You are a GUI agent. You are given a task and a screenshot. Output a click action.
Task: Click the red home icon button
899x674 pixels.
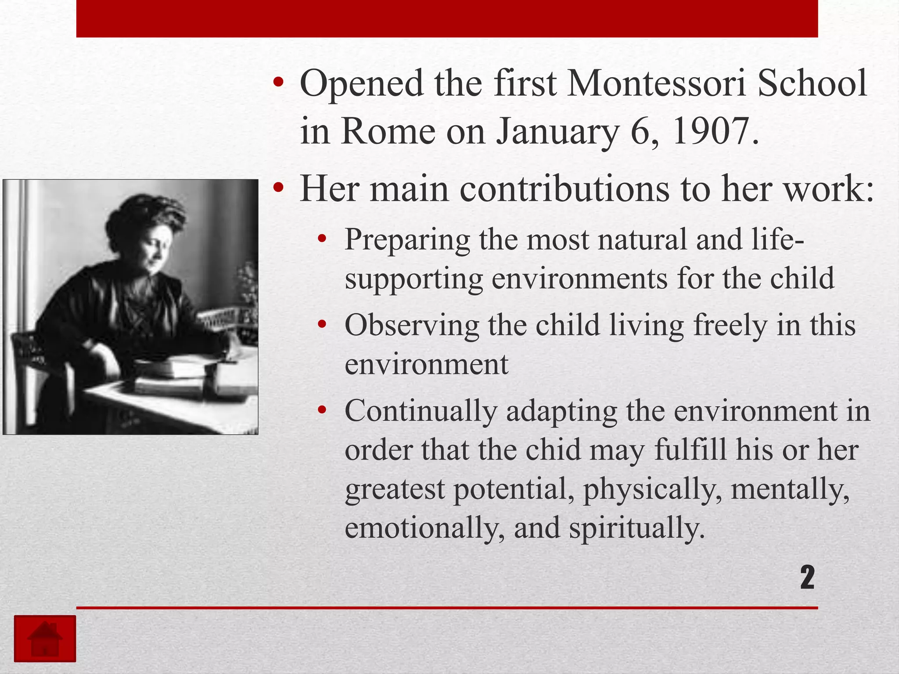[x=45, y=638]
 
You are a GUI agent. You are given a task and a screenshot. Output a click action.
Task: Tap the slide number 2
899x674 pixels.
[x=807, y=577]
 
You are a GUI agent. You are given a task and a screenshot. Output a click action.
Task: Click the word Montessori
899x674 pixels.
[x=656, y=83]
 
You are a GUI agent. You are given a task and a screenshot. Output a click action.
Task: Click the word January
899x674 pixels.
[x=557, y=132]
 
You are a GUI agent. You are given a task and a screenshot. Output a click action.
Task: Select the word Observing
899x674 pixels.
[x=411, y=326]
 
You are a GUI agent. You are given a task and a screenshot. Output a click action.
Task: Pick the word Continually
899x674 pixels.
[x=421, y=412]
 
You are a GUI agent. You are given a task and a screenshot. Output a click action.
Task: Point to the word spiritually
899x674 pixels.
[x=636, y=528]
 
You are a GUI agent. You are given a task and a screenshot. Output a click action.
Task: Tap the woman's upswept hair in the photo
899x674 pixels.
[x=145, y=215]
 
